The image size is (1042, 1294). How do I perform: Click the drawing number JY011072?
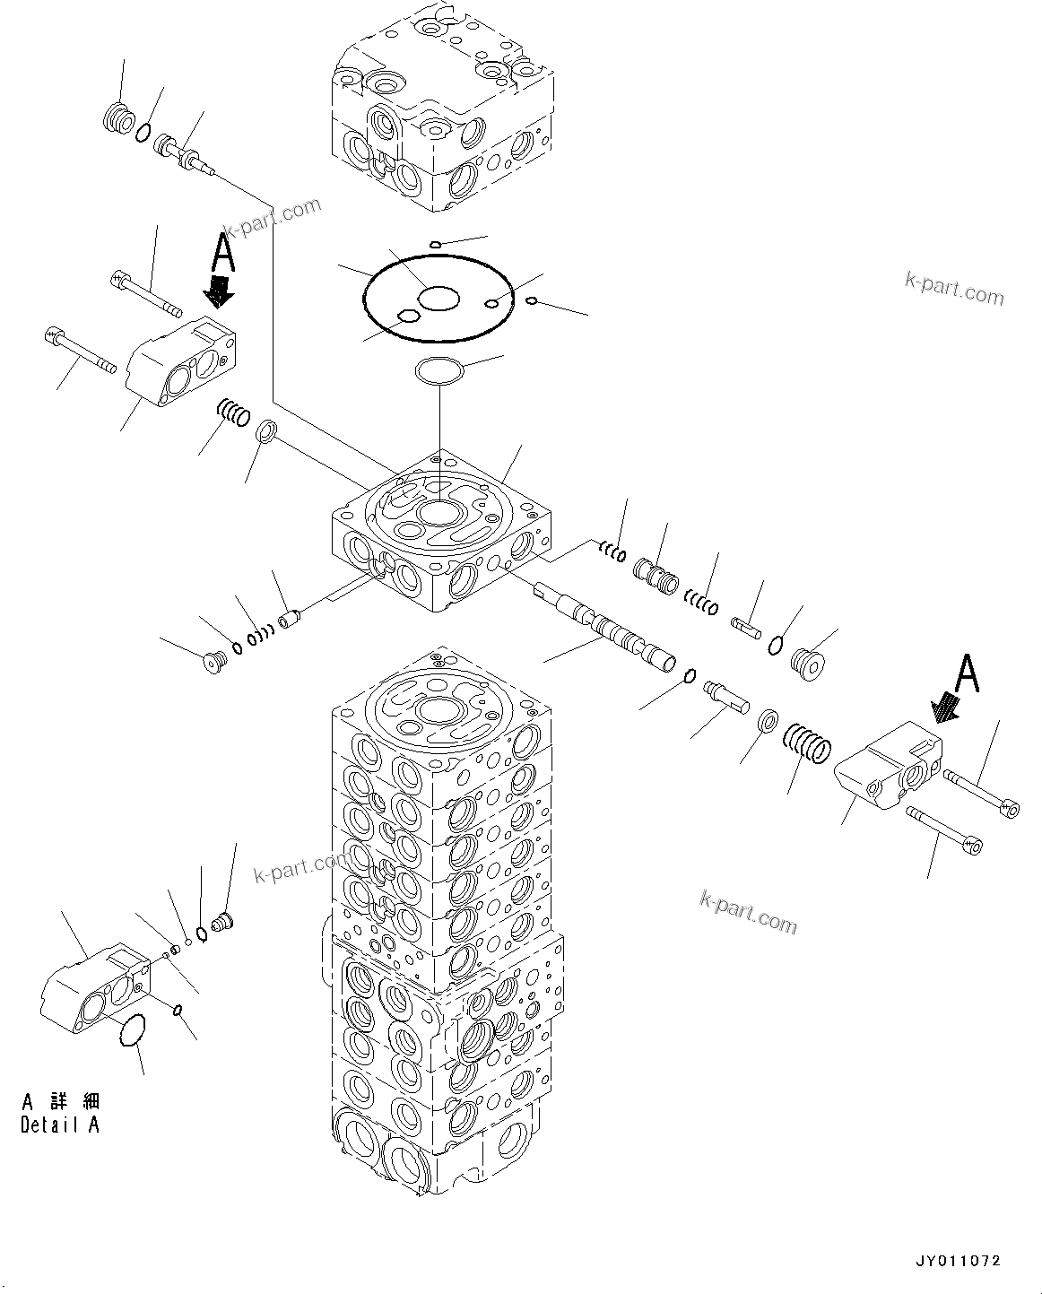957,1262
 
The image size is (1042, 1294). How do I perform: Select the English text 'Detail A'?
60,1125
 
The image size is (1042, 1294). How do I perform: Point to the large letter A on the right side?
966,674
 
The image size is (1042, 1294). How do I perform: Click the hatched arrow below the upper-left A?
217,290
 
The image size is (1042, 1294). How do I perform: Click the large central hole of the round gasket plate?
439,299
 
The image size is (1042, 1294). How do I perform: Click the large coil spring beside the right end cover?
807,743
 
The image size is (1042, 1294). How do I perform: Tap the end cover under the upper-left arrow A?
182,365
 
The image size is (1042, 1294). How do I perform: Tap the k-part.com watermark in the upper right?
953,289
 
